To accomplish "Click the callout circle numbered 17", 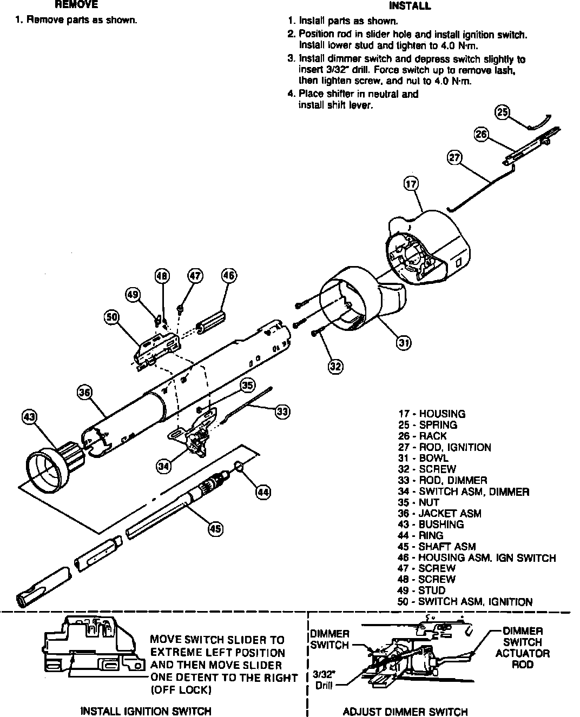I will tap(411, 184).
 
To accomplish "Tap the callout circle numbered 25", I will tap(503, 112).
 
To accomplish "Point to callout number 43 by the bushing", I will tap(29, 417).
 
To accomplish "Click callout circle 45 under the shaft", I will tap(216, 528).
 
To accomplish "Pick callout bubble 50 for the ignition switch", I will tap(111, 317).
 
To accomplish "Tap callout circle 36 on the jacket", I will tap(84, 393).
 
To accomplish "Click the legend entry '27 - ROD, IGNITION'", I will tap(444, 447).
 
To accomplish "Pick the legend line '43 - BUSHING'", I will tap(431, 524).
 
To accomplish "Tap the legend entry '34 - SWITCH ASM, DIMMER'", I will tap(463, 492).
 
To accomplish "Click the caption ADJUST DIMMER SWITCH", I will tap(405, 712).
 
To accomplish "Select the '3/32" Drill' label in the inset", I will tap(325, 681).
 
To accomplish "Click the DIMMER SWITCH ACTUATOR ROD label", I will tap(522, 648).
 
